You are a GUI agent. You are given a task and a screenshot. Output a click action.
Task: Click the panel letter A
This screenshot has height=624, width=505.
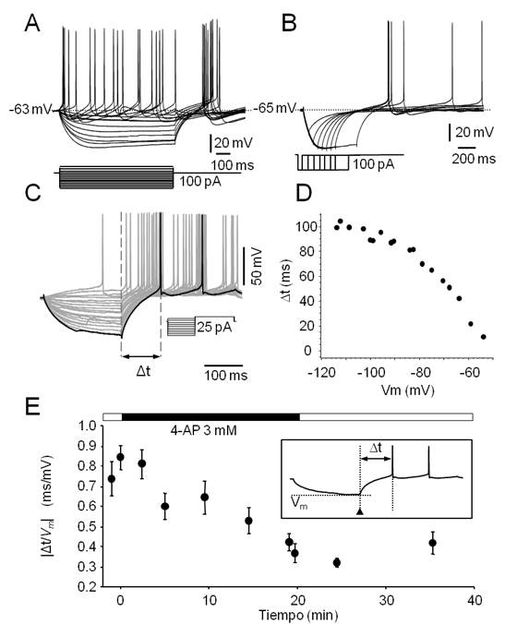click(31, 23)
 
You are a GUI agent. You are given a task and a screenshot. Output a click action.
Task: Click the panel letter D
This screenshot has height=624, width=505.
click(305, 194)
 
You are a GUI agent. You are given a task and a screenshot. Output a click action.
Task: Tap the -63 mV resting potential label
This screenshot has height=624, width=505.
click(31, 109)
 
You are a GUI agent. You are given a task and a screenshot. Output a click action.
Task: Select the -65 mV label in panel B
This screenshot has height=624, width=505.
click(275, 108)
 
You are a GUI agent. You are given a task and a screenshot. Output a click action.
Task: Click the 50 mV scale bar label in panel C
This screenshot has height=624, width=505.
click(258, 266)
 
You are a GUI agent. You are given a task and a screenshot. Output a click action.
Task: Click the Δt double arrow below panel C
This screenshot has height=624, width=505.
click(141, 356)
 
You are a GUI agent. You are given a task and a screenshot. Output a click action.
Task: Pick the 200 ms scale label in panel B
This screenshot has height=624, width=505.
click(474, 159)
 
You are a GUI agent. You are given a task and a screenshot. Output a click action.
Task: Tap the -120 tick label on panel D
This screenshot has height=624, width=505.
click(321, 373)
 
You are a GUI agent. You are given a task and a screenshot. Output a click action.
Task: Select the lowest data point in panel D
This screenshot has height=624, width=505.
click(484, 337)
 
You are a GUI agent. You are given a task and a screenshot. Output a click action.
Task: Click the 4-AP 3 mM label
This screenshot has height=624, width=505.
click(201, 430)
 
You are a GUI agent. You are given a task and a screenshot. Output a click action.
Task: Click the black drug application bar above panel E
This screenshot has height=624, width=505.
click(210, 416)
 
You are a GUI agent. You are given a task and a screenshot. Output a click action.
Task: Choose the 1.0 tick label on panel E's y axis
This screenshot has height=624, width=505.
click(88, 426)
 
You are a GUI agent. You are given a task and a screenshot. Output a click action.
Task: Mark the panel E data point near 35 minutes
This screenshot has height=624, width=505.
click(433, 543)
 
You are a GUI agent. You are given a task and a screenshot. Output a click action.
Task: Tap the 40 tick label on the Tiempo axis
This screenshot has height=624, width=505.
click(474, 600)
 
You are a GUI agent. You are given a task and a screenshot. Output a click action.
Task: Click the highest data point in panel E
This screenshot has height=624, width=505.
click(120, 456)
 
